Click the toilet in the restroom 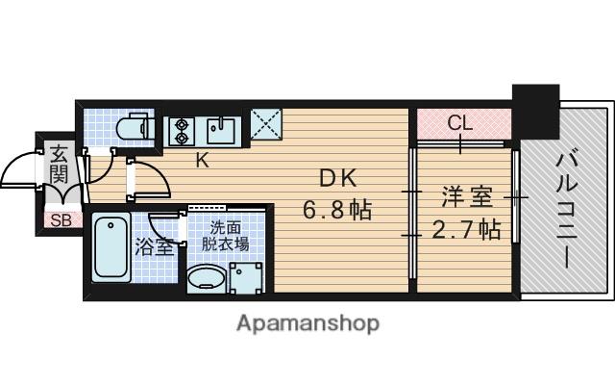[x=131, y=126]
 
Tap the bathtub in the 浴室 [x=111, y=249]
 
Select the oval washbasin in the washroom [x=204, y=280]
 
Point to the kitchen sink [x=224, y=129]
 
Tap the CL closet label [x=460, y=123]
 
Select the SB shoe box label [x=60, y=218]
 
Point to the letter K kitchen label [x=203, y=161]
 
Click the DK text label [x=338, y=179]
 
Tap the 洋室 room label [x=466, y=197]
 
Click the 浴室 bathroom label [x=155, y=245]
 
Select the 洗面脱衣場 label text [x=230, y=236]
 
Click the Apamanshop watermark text [x=307, y=322]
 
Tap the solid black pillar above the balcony [x=535, y=109]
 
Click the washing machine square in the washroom [x=249, y=280]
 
